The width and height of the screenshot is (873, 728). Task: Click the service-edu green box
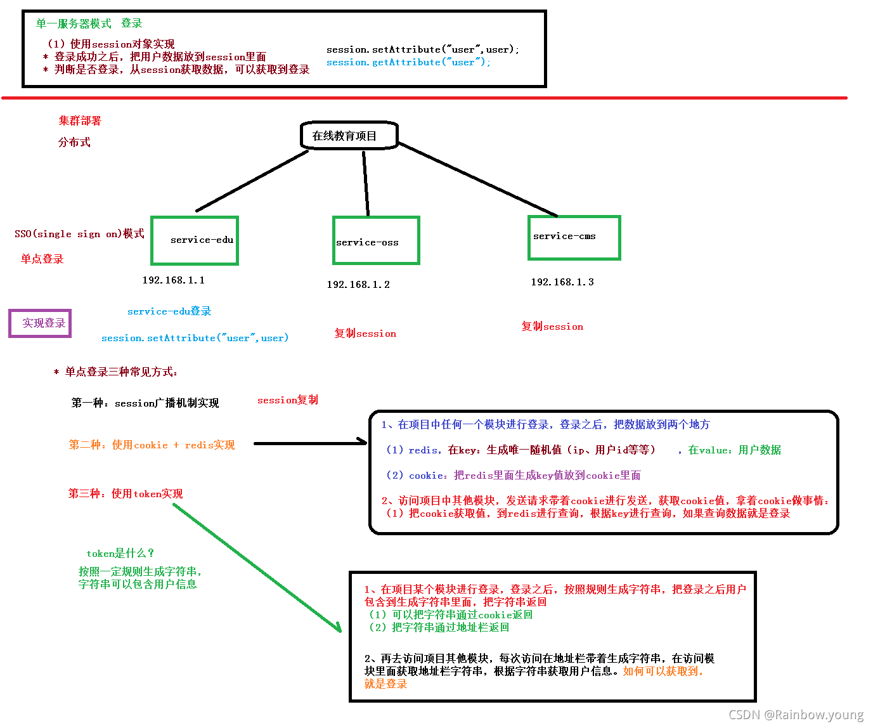pyautogui.click(x=195, y=240)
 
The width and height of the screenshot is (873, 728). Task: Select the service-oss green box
pyautogui.click(x=376, y=240)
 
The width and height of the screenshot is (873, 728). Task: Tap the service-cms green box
pyautogui.click(x=574, y=237)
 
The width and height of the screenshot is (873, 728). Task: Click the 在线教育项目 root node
pyautogui.click(x=349, y=136)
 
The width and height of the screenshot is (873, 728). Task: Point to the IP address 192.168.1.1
pyautogui.click(x=173, y=280)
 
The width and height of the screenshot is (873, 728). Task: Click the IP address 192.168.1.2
pyautogui.click(x=358, y=285)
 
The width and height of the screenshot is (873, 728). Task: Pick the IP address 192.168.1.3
pyautogui.click(x=562, y=282)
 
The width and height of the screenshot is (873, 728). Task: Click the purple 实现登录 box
pyautogui.click(x=40, y=323)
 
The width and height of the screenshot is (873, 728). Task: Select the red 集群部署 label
pyautogui.click(x=80, y=120)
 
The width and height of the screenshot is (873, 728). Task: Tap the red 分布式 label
pyautogui.click(x=74, y=143)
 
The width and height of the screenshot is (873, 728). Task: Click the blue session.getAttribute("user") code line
pyautogui.click(x=408, y=62)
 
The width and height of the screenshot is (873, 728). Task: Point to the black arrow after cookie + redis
pyautogui.click(x=310, y=443)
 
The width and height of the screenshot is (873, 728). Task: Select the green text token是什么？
pyautogui.click(x=120, y=554)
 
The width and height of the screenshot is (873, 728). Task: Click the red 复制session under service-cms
pyautogui.click(x=552, y=327)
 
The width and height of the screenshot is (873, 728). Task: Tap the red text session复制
pyautogui.click(x=288, y=400)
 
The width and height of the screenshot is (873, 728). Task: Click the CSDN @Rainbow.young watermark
pyautogui.click(x=796, y=715)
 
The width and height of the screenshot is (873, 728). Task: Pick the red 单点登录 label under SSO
pyautogui.click(x=42, y=259)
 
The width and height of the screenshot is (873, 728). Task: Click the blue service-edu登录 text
pyautogui.click(x=169, y=311)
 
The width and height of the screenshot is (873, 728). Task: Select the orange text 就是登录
pyautogui.click(x=385, y=684)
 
